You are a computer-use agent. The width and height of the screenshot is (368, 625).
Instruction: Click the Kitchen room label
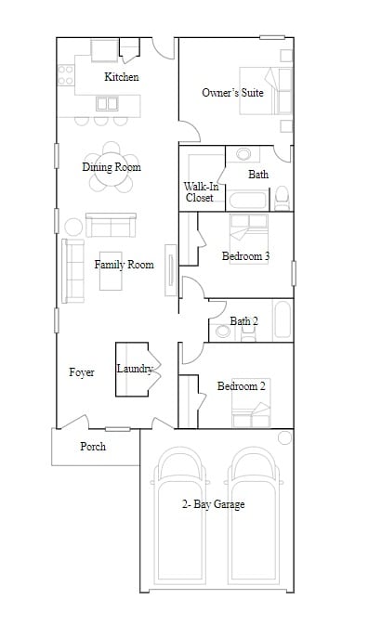(122, 76)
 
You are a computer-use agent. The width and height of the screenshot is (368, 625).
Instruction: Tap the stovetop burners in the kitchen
(66, 75)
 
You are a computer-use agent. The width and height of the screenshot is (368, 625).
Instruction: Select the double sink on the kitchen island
(107, 104)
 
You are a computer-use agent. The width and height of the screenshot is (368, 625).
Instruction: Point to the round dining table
(112, 167)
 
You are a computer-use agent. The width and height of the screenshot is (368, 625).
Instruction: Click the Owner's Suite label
(232, 93)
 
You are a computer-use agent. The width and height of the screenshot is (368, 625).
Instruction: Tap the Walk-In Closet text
(201, 191)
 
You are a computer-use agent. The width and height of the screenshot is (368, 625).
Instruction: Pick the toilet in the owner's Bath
(283, 198)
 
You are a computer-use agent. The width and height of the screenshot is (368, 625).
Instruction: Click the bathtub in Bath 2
(283, 319)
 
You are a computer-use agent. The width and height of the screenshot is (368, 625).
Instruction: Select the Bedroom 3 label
(245, 256)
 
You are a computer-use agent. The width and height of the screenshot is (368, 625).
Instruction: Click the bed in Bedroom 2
(251, 403)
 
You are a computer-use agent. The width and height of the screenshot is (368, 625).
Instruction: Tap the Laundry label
(135, 369)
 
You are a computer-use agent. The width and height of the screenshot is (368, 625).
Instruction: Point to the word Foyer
(82, 372)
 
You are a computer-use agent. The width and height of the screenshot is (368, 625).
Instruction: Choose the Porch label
(93, 447)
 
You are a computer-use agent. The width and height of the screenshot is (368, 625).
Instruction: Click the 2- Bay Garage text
(214, 504)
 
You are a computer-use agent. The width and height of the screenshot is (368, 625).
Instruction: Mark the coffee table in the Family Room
(111, 271)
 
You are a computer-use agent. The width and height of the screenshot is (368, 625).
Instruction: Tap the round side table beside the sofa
(73, 228)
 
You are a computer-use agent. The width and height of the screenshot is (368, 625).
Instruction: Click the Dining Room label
(112, 166)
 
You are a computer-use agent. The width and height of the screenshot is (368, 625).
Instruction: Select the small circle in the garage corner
(284, 437)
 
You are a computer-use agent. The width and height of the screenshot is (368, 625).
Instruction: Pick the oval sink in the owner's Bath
(243, 154)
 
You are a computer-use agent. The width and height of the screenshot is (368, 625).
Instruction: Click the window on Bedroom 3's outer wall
(294, 273)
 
